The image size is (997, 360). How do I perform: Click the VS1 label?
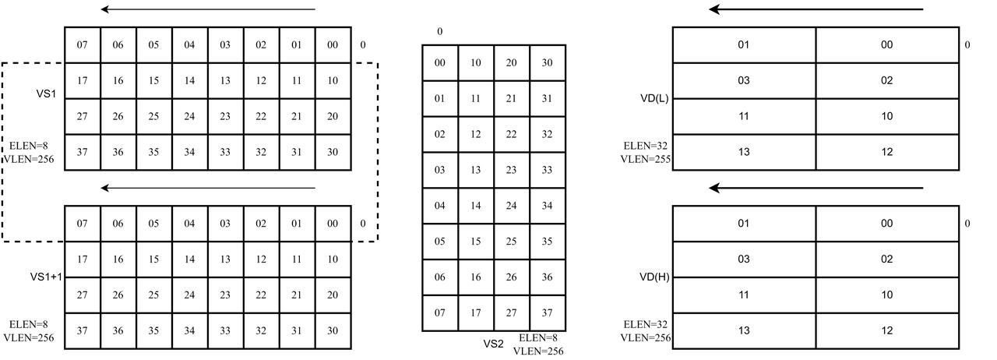(46, 94)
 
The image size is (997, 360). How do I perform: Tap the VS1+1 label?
(46, 277)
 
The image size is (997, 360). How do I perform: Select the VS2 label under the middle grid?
(494, 344)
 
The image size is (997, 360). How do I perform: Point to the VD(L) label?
(654, 98)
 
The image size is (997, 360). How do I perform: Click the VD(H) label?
(654, 277)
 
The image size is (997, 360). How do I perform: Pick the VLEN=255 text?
(646, 159)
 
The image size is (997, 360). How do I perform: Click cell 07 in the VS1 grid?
(83, 45)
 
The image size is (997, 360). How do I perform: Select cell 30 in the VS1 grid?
(333, 153)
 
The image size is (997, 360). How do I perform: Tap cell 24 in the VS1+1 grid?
(189, 295)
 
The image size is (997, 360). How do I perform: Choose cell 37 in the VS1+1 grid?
(83, 330)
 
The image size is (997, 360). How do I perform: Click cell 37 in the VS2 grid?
(548, 312)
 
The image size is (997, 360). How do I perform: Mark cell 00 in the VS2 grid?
(440, 63)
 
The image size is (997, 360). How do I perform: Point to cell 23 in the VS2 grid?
(512, 170)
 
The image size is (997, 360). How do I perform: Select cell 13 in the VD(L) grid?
(744, 153)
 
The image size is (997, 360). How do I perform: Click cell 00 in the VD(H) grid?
(887, 224)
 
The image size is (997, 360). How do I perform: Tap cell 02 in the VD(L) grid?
(887, 80)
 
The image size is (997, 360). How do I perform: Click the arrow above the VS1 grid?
(208, 9)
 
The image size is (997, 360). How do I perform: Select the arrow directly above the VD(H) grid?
(816, 188)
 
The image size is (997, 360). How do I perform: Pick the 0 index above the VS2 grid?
(440, 32)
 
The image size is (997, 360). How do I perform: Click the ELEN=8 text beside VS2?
(538, 337)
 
